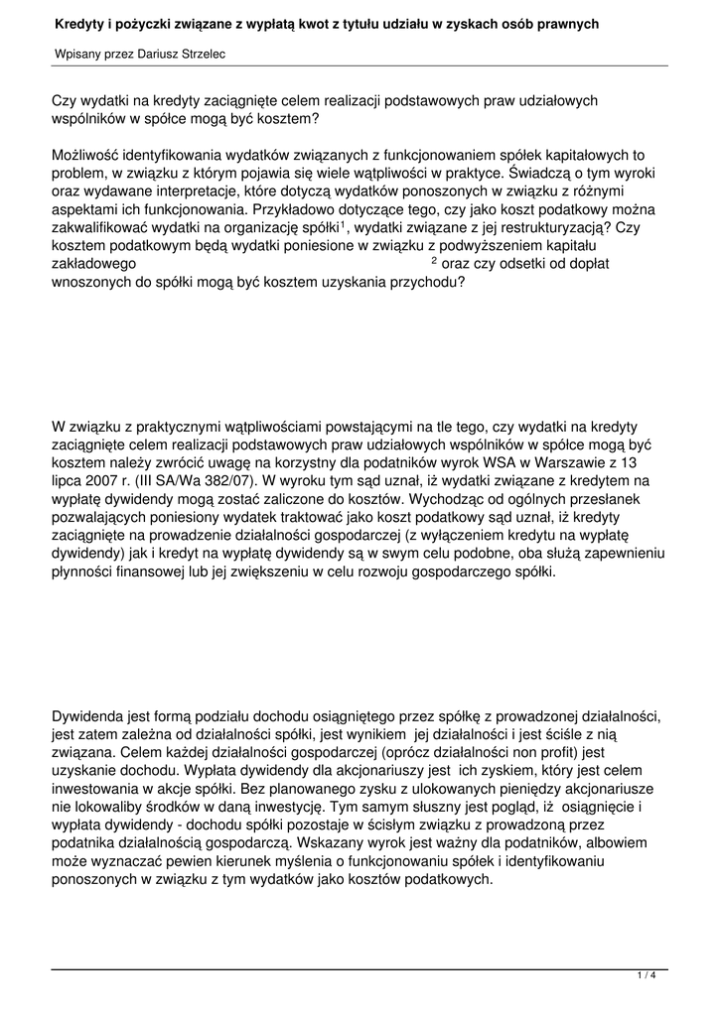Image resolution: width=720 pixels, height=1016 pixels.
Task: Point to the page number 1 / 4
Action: coord(647,976)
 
